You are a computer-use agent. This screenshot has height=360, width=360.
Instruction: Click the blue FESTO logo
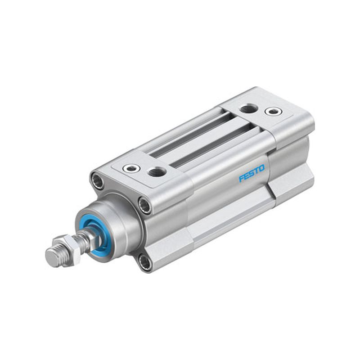(x=252, y=173)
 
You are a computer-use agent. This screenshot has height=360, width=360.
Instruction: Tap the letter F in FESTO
(x=242, y=178)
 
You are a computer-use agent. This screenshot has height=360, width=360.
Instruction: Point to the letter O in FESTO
(x=262, y=168)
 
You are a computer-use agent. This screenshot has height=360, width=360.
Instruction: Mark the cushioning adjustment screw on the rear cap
(x=273, y=112)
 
